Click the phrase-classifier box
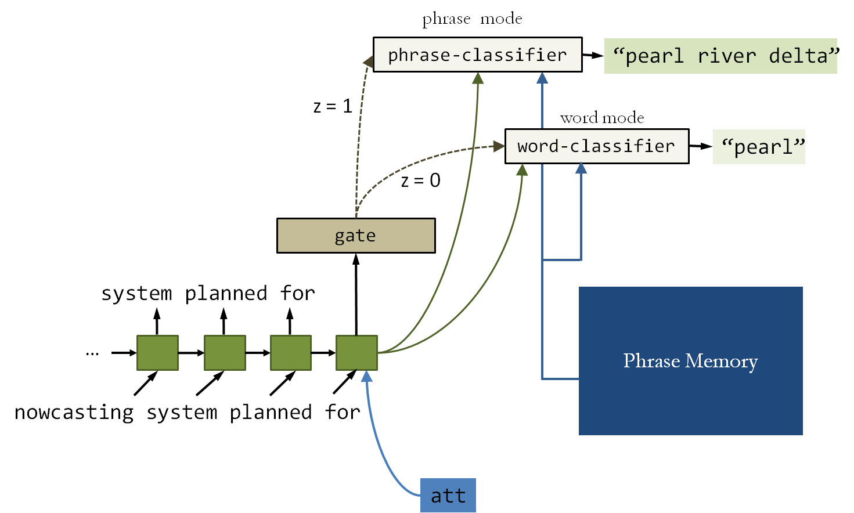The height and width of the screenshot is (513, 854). [x=477, y=55]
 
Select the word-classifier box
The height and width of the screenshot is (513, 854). [x=596, y=146]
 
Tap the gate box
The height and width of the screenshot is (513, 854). [x=356, y=236]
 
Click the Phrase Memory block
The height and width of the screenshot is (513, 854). [x=690, y=360]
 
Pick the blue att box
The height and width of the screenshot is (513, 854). [x=448, y=495]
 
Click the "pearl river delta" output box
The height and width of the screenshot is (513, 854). [x=720, y=56]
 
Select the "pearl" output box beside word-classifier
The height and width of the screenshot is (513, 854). [x=759, y=147]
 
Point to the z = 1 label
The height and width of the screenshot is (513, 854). [x=333, y=106]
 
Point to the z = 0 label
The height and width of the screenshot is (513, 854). [x=420, y=180]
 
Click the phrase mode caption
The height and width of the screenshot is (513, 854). [x=472, y=19]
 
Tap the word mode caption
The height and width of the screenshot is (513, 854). [x=602, y=118]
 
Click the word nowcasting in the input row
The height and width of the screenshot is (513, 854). [x=74, y=412]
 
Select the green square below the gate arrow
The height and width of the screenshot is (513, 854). [x=356, y=352]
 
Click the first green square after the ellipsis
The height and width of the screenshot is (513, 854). [x=157, y=352]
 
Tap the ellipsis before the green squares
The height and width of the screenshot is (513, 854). [x=92, y=353]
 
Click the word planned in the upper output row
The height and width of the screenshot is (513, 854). [x=226, y=293]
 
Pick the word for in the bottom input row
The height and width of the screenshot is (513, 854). [x=342, y=412]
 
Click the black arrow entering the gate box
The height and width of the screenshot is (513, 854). [x=356, y=290]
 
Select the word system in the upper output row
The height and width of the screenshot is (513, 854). [x=136, y=293]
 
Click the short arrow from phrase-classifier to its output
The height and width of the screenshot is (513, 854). [x=593, y=55]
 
